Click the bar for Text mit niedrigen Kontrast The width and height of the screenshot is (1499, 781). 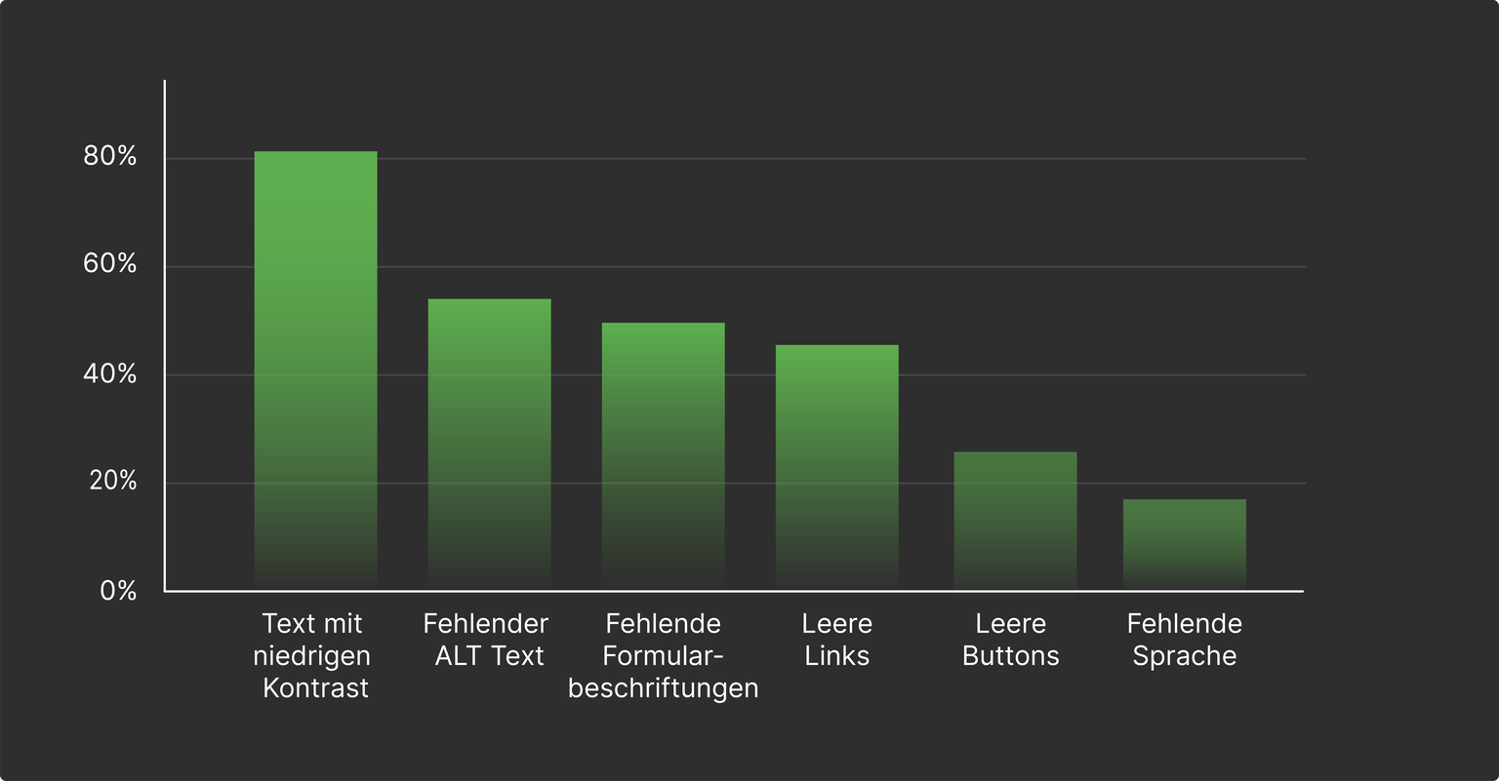point(315,371)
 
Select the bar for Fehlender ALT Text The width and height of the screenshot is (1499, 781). point(489,444)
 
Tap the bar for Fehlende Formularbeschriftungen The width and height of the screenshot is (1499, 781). point(663,455)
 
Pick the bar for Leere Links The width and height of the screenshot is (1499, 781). point(836,467)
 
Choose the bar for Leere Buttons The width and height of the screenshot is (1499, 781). point(1015,521)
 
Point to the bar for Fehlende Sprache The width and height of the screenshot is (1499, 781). point(1184,544)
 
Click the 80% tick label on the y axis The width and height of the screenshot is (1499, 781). point(110,156)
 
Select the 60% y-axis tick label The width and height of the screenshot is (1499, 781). point(110,263)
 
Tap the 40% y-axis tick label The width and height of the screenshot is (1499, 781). point(110,373)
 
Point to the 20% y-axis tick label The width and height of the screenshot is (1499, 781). point(113,481)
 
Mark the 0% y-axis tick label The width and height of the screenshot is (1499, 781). point(118,591)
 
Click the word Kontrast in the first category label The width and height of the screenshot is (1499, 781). point(316,687)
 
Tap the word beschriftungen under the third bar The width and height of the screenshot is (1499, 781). point(664,687)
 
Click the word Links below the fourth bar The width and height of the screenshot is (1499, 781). point(837,655)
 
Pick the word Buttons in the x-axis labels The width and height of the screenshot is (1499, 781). point(1011,655)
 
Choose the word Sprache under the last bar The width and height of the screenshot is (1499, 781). point(1185,655)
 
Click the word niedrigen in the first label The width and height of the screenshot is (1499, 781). point(311,655)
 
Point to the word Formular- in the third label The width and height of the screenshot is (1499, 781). point(664,655)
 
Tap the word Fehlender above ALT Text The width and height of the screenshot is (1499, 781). point(486,623)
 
